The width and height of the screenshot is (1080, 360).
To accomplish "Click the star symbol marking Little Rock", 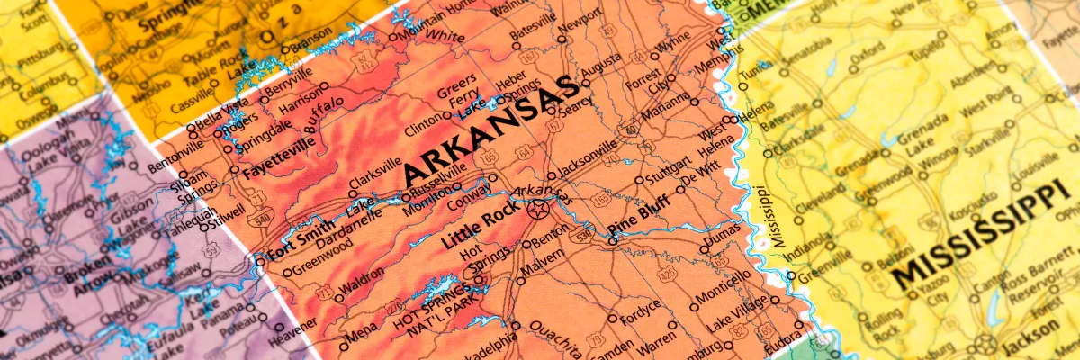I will point(538,211).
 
